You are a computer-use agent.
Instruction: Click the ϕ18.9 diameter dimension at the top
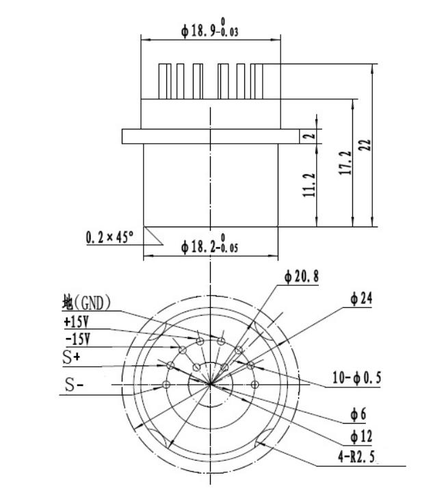(209, 29)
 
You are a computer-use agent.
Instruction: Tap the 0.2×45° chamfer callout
(110, 237)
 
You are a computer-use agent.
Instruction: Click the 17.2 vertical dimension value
(345, 163)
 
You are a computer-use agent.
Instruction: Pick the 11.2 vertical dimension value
(309, 185)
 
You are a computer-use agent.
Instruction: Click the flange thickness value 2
(309, 136)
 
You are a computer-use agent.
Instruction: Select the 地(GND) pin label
(86, 303)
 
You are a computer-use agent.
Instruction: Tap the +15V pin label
(77, 322)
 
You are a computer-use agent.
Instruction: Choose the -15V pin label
(77, 339)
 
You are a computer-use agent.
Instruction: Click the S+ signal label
(71, 357)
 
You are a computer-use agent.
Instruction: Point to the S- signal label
(74, 385)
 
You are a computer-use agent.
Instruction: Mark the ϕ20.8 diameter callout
(302, 277)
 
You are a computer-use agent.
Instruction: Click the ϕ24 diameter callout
(361, 298)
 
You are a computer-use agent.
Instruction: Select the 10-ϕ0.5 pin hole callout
(357, 378)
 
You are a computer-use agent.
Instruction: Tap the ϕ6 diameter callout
(358, 414)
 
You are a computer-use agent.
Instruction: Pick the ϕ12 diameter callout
(361, 437)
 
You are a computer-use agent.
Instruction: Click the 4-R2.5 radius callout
(356, 457)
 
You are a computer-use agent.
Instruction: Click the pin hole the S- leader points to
(166, 385)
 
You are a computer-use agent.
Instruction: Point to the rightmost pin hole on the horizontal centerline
(254, 385)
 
